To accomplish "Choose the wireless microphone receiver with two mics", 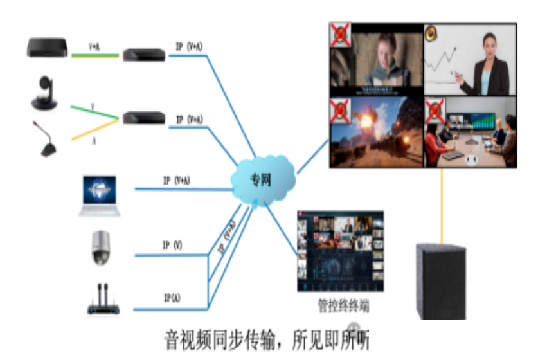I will (x=103, y=301).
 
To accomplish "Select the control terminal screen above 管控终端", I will (x=340, y=253).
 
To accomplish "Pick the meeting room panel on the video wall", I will (x=472, y=132).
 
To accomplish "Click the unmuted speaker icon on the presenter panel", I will (x=433, y=33).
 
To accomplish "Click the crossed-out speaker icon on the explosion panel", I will (x=341, y=111).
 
